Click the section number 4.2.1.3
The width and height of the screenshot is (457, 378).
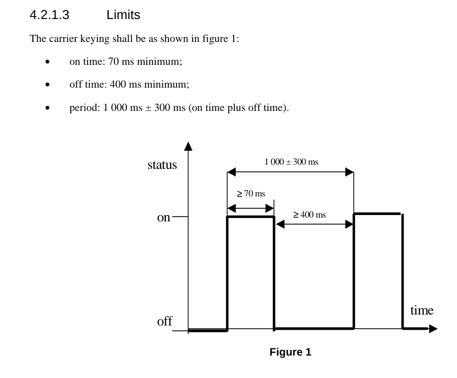50,15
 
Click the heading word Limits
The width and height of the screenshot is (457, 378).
123,15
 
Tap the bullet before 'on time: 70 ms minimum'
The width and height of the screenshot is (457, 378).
48,62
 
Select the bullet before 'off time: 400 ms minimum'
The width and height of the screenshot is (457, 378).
48,85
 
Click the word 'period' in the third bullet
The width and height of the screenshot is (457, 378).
83,108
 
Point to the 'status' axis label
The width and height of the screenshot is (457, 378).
162,165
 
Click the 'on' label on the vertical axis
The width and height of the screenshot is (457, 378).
163,218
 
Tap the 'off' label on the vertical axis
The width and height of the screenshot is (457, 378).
165,321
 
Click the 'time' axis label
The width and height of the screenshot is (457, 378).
421,311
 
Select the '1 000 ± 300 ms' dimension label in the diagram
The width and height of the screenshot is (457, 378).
291,162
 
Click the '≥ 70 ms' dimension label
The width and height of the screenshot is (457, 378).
251,193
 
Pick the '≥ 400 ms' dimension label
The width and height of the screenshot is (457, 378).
309,215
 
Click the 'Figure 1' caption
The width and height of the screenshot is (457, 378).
290,352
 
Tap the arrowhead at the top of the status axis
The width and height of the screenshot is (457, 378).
188,146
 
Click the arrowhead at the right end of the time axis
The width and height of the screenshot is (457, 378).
433,329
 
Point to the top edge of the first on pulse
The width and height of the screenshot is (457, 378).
251,217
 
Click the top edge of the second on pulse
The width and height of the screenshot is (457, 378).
377,214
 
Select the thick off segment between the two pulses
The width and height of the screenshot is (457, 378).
314,328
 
